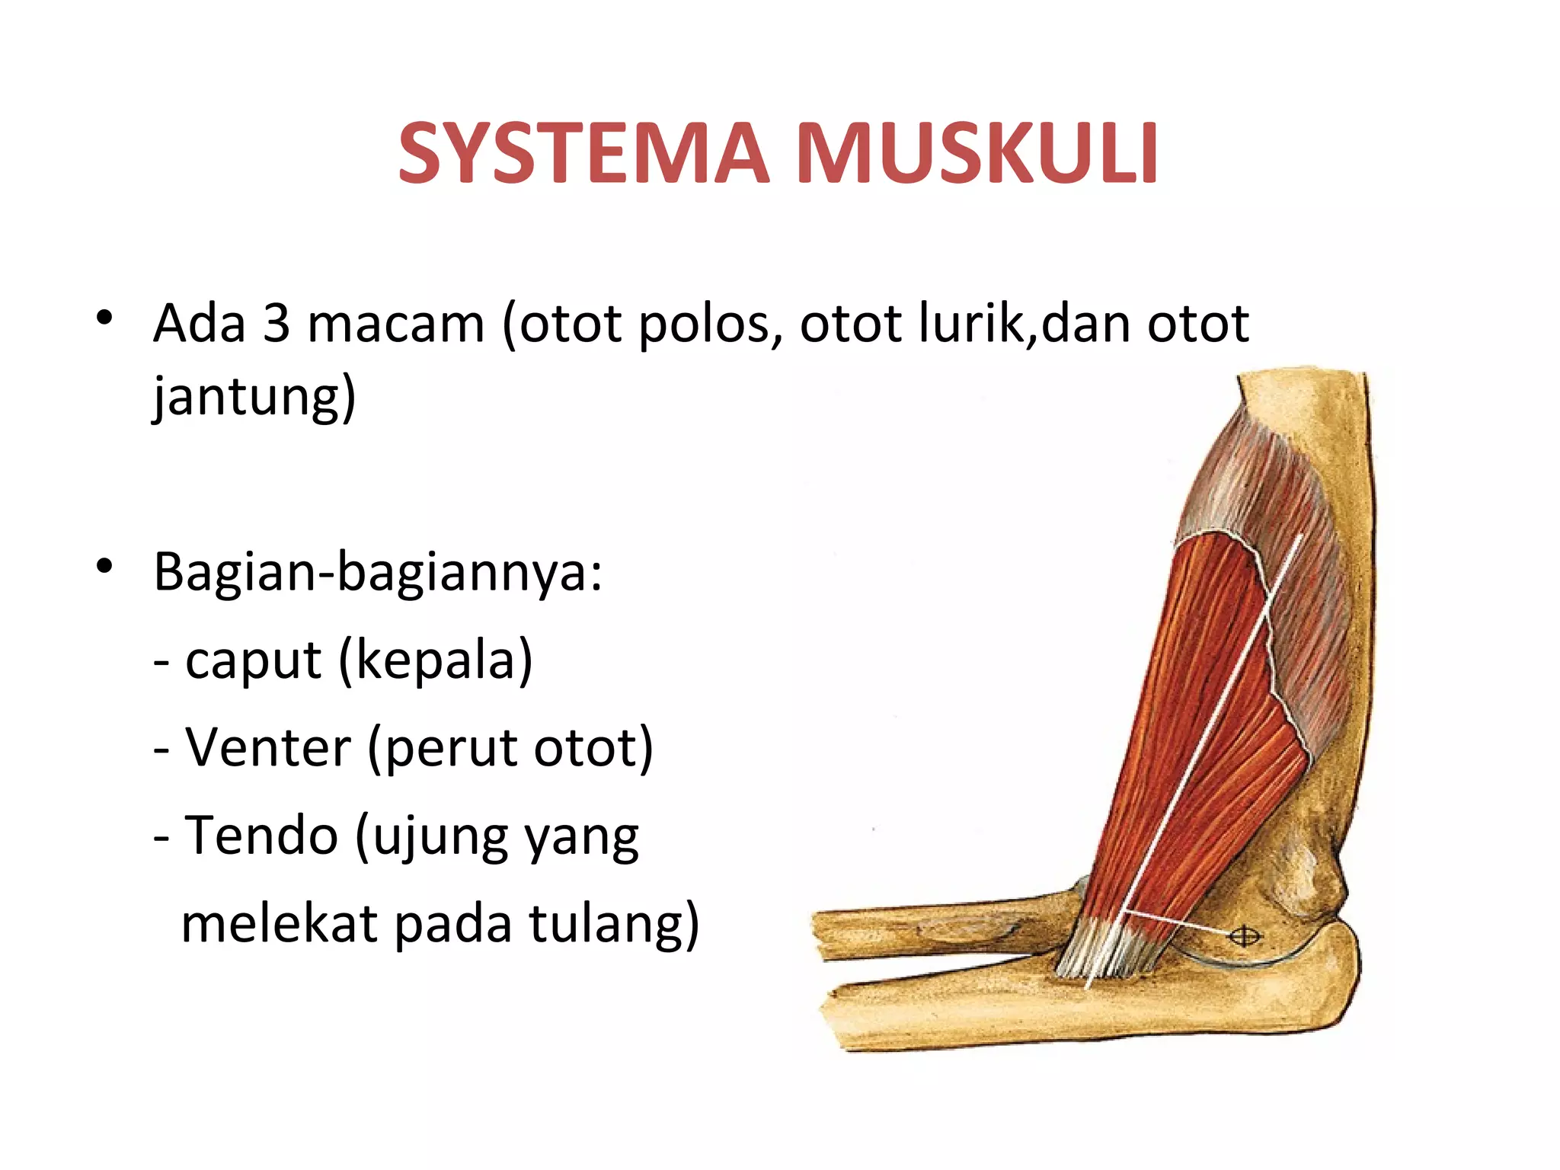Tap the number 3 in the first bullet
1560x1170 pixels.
[x=277, y=324]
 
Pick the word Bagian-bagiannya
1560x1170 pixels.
[x=378, y=572]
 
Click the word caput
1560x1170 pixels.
[x=253, y=661]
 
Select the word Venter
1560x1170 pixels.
[x=268, y=748]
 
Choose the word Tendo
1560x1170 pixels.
[x=261, y=836]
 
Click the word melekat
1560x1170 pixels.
[x=280, y=924]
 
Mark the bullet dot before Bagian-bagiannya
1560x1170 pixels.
[x=105, y=566]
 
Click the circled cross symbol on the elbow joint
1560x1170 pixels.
[x=1245, y=935]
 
